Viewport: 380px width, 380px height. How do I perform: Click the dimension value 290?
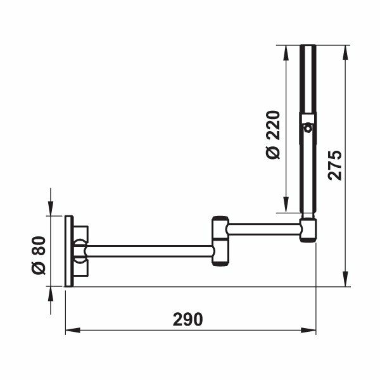(x=187, y=319)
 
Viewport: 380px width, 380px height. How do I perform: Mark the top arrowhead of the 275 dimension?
(x=346, y=50)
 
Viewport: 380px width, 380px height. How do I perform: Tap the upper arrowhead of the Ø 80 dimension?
(x=50, y=211)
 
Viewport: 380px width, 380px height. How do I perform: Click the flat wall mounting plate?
(x=68, y=251)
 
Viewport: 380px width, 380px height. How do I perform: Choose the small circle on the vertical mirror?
(x=308, y=129)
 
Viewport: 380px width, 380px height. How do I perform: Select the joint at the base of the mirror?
(x=308, y=229)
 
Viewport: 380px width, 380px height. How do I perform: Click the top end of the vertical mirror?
(x=308, y=48)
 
